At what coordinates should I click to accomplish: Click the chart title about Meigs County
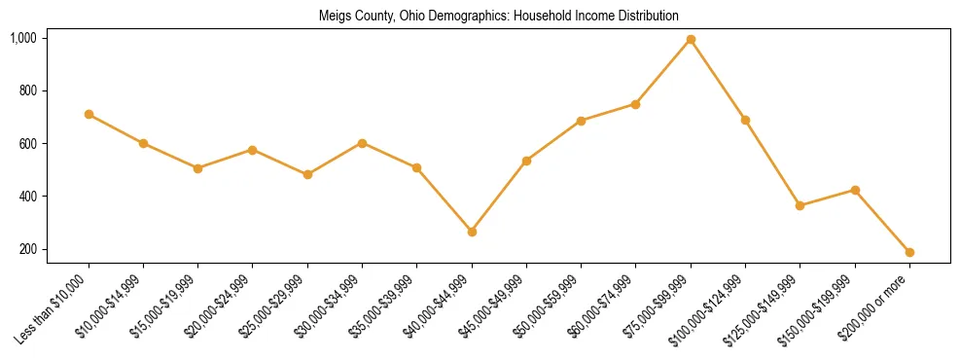[x=499, y=16]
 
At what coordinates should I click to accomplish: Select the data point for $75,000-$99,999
[x=691, y=39]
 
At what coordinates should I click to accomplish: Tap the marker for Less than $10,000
[x=89, y=114]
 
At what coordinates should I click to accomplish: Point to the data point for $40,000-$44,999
[x=472, y=232]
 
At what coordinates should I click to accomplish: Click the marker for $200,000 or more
[x=909, y=252]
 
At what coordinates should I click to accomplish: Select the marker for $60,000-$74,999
[x=636, y=104]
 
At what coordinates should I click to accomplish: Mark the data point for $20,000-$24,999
[x=253, y=150]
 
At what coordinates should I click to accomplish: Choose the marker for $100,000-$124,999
[x=745, y=120]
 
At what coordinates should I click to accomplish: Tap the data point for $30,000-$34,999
[x=362, y=143]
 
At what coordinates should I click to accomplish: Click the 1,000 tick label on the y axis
[x=23, y=38]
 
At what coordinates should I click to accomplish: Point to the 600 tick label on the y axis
[x=27, y=144]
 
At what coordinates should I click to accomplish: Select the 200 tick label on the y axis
[x=27, y=249]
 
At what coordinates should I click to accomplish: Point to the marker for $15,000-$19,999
[x=197, y=168]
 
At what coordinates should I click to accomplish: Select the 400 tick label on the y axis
[x=27, y=197]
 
